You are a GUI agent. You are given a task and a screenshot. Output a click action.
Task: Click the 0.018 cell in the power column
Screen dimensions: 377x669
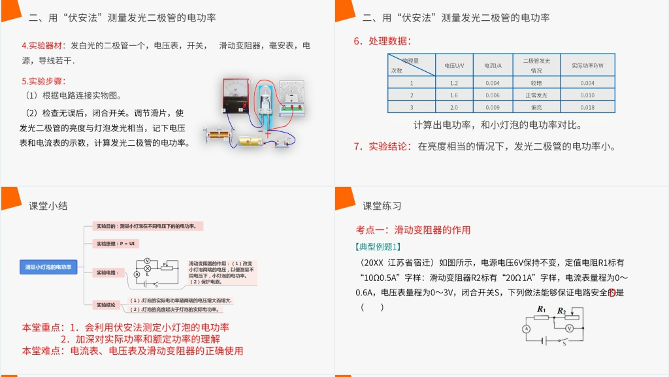tap(587, 107)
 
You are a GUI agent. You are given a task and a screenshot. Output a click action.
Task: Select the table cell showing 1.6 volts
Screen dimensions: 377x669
tap(454, 95)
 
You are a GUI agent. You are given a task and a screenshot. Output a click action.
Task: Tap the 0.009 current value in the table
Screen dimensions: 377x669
tap(493, 107)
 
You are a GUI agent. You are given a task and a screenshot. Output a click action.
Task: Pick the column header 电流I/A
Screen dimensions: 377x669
tap(493, 65)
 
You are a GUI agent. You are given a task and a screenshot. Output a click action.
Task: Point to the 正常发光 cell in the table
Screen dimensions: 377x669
tap(536, 95)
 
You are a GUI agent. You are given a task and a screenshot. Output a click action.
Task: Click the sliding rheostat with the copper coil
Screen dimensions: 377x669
tap(217, 135)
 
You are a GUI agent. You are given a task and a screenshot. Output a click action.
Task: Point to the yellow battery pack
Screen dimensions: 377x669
tap(252, 141)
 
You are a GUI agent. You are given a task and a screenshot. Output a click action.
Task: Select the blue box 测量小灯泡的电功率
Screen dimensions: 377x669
tap(49, 267)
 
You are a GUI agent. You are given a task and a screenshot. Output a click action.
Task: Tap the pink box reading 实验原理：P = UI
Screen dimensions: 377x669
tap(116, 243)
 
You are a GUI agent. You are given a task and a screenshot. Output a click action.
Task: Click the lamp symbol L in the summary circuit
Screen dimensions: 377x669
tap(148, 269)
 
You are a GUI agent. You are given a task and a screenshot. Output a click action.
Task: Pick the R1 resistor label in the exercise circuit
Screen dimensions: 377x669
tap(542, 309)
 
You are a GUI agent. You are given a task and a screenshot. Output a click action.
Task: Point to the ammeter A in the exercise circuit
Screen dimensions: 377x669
tap(525, 329)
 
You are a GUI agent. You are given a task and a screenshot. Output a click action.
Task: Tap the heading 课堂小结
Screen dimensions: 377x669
tap(48, 206)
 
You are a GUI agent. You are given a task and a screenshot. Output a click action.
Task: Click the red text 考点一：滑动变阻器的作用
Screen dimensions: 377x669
tap(413, 230)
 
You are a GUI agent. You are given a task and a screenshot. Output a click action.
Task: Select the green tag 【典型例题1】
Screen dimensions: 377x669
tap(377, 246)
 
